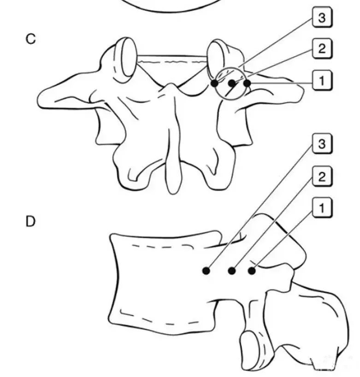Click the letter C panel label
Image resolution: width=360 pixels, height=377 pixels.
[31, 39]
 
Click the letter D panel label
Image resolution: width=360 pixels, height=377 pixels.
[30, 221]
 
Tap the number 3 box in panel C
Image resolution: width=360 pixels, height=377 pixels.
[322, 18]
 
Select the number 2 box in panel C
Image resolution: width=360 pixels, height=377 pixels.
[322, 48]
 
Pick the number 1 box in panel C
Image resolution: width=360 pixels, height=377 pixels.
[322, 80]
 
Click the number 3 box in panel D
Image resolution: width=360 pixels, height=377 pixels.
[322, 144]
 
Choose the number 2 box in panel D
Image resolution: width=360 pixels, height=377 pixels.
[322, 177]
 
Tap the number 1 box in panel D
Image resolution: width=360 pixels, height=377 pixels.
[322, 207]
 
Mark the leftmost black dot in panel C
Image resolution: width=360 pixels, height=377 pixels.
[214, 83]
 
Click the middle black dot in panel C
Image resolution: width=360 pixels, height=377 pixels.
[232, 83]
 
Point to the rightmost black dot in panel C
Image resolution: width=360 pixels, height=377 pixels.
[247, 83]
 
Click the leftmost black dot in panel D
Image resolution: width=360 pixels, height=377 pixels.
[206, 271]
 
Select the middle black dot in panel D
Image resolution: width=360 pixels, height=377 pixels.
[231, 271]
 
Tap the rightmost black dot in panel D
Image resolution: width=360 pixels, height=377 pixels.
[252, 271]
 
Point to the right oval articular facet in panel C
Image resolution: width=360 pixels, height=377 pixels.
[217, 59]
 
